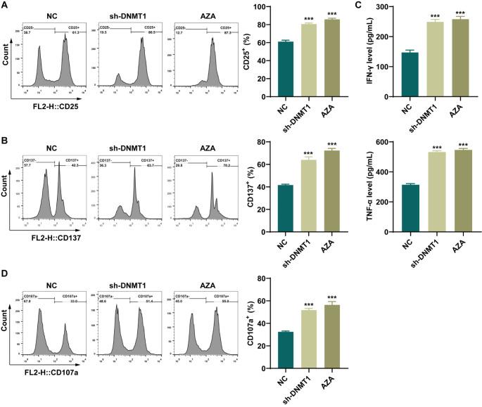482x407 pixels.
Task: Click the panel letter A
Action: (x=5, y=6)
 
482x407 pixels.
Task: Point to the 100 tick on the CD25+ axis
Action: (x=256, y=7)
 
